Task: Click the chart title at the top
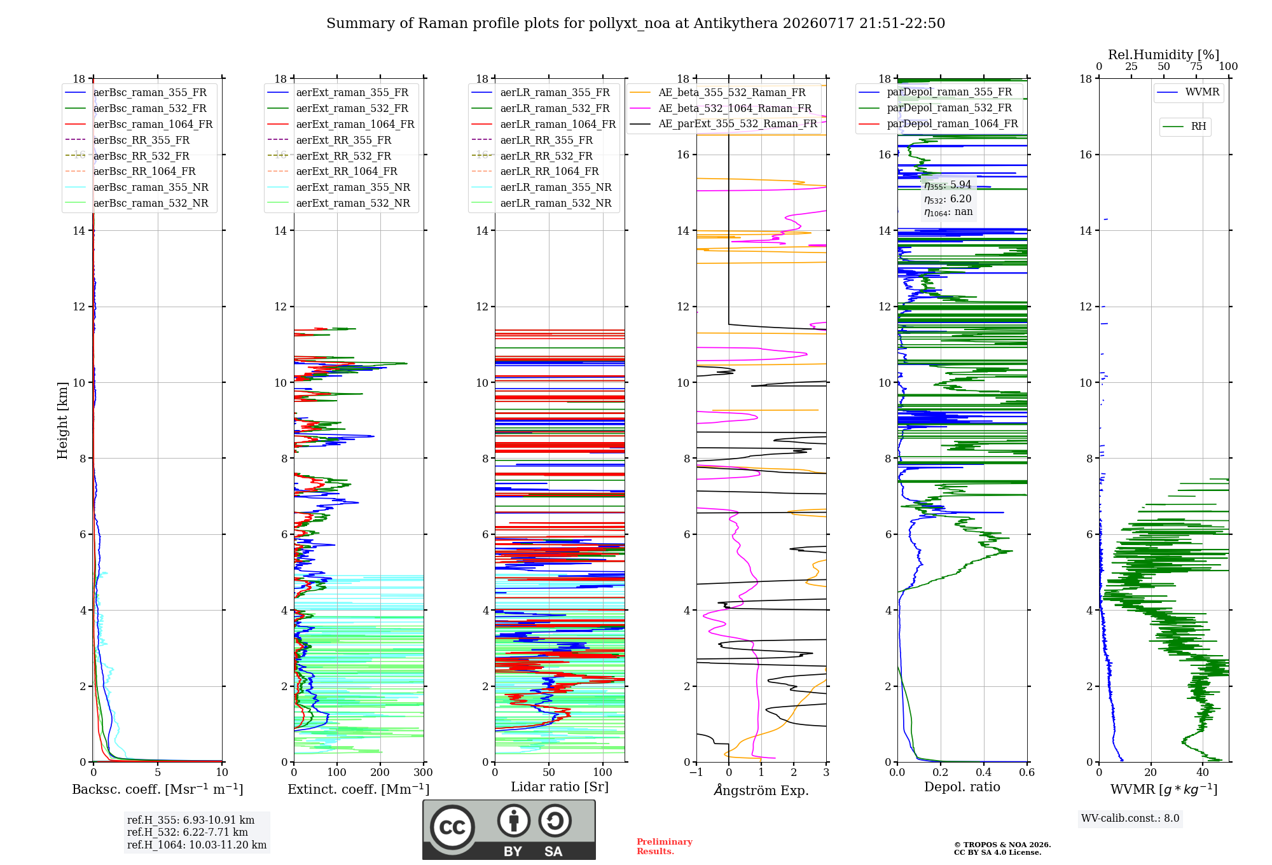[635, 24]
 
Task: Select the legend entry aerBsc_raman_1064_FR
[153, 124]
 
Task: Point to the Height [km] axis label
[62, 420]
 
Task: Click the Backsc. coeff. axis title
[158, 789]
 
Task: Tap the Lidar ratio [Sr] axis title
[560, 787]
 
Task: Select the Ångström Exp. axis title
[761, 790]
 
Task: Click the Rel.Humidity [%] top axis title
[1164, 55]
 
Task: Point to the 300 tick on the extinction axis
[423, 773]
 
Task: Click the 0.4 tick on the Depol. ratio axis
[984, 773]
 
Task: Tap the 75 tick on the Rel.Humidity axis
[1196, 67]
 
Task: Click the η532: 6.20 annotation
[948, 199]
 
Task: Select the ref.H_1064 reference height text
[197, 845]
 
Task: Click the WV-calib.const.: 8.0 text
[1130, 819]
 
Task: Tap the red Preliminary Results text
[665, 847]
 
